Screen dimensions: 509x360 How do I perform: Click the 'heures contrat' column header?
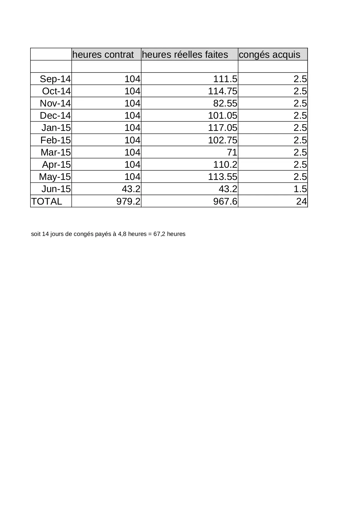tap(103, 55)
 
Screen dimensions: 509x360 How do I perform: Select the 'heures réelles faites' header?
tap(185, 55)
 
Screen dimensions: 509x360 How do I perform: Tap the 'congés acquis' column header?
tap(269, 55)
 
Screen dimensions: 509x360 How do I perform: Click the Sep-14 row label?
tap(55, 79)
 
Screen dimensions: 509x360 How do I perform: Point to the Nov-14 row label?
tap(55, 103)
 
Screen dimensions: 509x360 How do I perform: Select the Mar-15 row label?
tap(56, 152)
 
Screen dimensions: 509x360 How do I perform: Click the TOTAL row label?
tap(46, 201)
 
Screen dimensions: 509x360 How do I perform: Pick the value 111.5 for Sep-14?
tap(225, 79)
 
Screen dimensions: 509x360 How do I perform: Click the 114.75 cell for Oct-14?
tap(222, 91)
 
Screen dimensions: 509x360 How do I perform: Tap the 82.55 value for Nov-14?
tap(225, 103)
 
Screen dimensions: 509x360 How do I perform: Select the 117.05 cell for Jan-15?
tap(222, 128)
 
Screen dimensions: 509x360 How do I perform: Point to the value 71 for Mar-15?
tap(232, 152)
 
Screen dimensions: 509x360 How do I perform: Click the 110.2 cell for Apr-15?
tap(225, 165)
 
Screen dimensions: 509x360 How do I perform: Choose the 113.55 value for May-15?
tap(222, 177)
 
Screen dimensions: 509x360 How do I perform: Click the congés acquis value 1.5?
tap(300, 189)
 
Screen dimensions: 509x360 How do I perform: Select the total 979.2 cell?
tap(128, 201)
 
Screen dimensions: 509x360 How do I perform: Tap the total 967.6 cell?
tap(225, 201)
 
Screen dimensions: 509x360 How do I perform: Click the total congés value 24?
tap(301, 201)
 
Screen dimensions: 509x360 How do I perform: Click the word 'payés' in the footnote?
tap(103, 234)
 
